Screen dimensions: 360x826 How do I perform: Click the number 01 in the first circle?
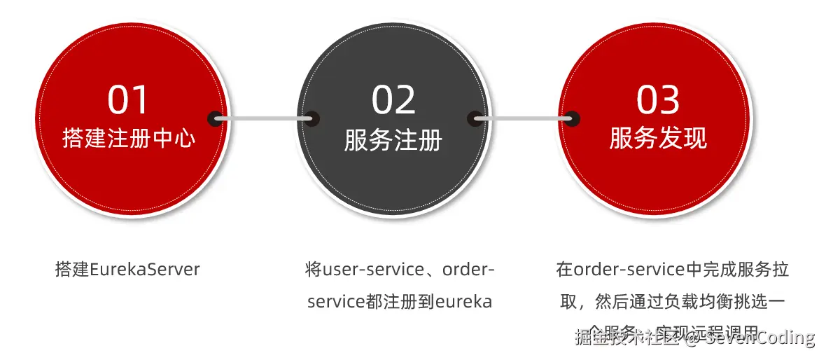pos(129,100)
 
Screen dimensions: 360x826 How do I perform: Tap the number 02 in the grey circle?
pos(393,100)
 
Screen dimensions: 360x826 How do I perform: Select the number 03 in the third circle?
pos(658,100)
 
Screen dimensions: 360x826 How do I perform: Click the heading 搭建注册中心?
pos(129,138)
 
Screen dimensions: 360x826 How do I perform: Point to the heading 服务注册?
pos(393,140)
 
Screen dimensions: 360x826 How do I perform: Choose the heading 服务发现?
pos(658,138)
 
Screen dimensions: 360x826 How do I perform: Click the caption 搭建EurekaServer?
pos(127,270)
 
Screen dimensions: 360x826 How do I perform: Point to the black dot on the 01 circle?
pos(215,118)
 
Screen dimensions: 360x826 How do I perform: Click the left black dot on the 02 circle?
pos(311,118)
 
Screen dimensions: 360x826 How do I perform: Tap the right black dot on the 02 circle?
pos(475,118)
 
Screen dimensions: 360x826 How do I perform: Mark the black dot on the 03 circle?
pos(573,118)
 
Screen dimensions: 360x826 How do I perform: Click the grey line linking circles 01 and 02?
pos(263,118)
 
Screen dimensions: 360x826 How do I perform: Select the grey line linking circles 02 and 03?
pos(524,118)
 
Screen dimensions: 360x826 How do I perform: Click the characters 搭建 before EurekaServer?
pos(72,270)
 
